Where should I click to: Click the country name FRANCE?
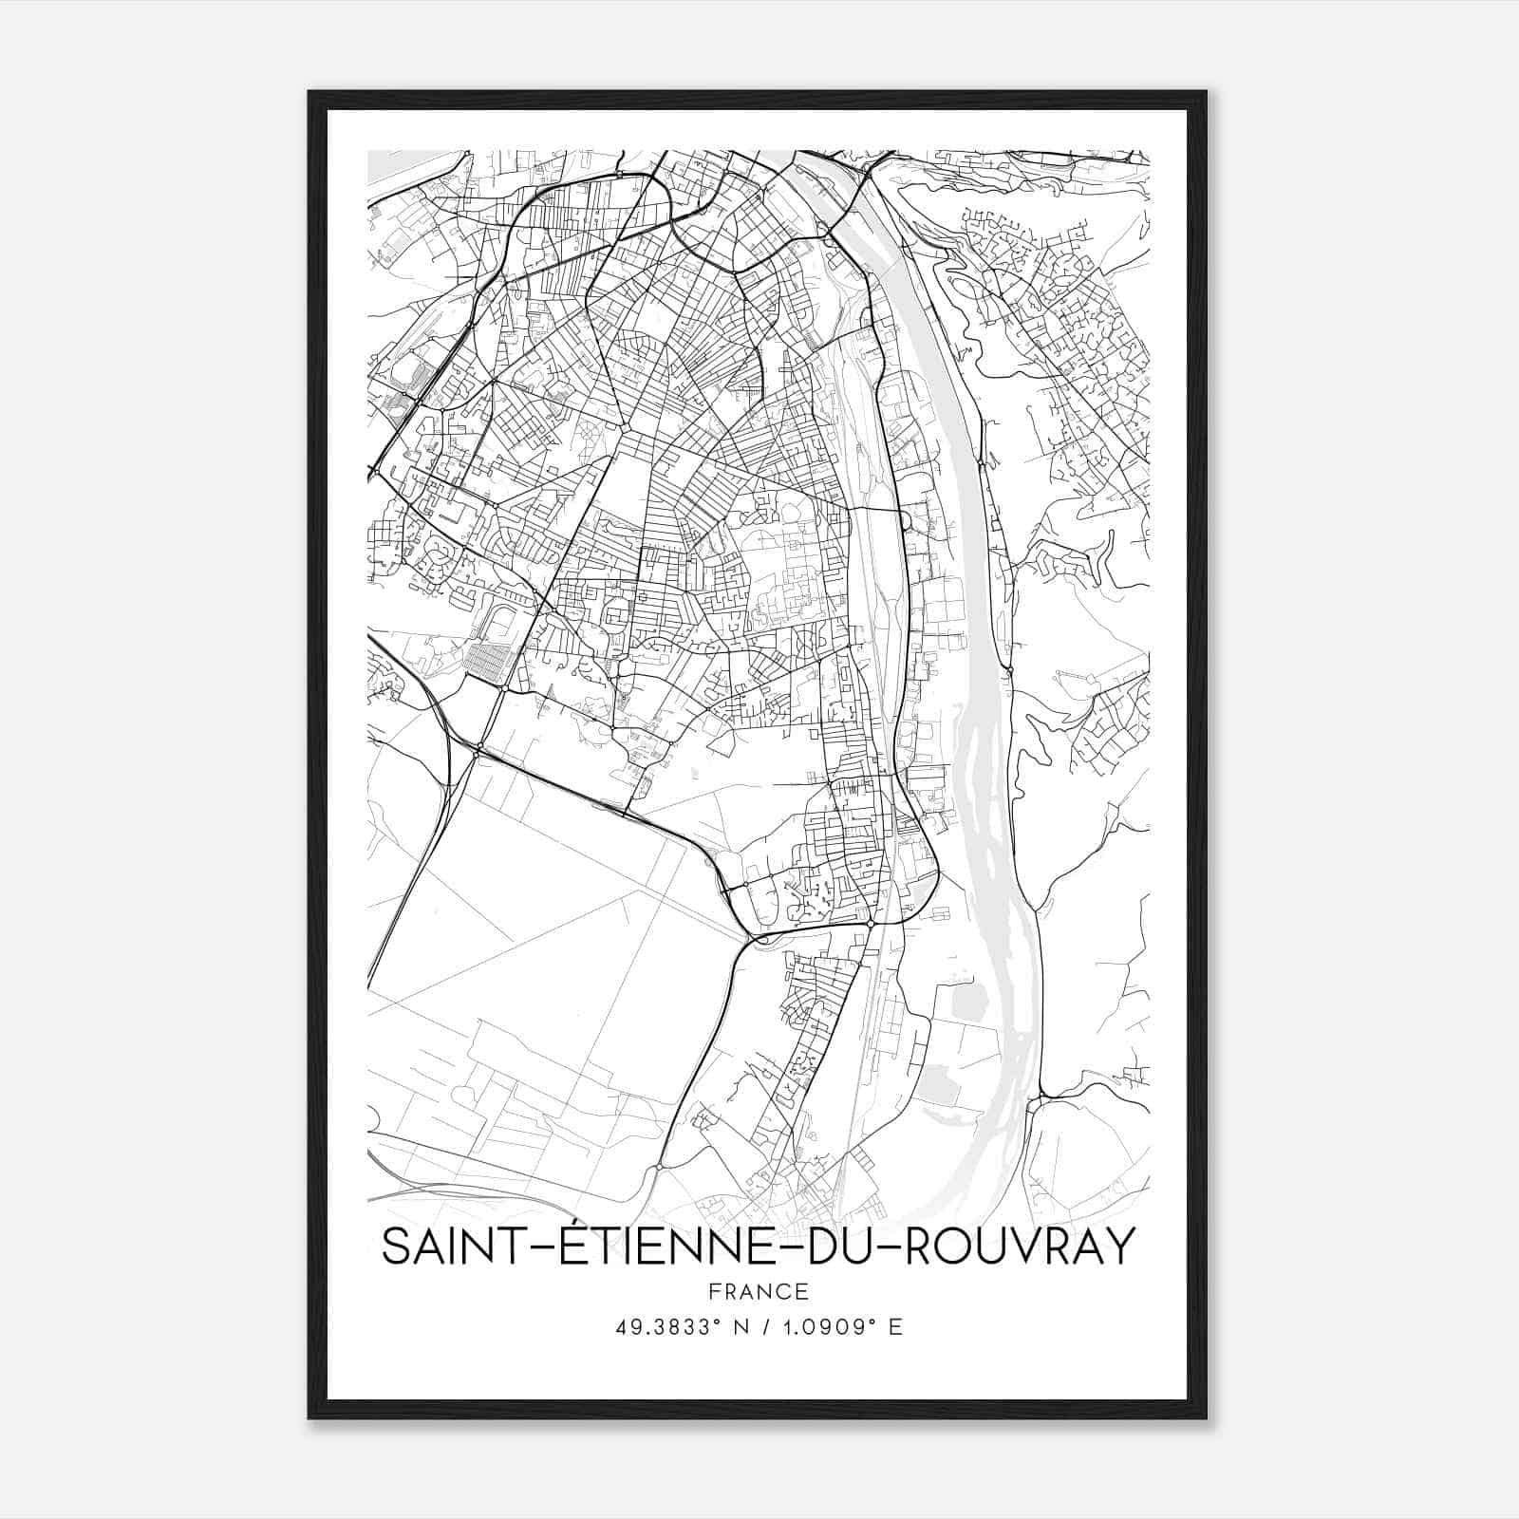click(758, 1291)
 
